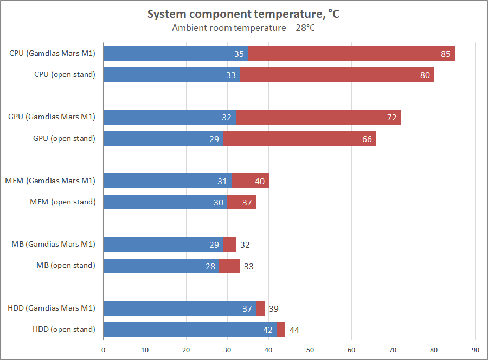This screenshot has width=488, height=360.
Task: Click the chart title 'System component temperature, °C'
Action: (x=243, y=15)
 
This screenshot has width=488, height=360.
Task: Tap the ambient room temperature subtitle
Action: (x=243, y=28)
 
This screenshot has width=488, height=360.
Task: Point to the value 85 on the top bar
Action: (x=446, y=54)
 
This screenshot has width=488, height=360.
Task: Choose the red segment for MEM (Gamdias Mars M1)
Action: (x=250, y=181)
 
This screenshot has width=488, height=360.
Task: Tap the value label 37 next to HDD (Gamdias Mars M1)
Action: (x=247, y=308)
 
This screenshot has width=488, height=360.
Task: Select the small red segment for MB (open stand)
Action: (x=229, y=266)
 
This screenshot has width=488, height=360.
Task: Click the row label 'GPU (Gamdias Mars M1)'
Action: (x=52, y=117)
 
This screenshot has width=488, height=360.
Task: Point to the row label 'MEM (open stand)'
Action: (x=62, y=202)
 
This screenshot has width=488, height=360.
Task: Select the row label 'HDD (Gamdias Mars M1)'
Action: (x=52, y=308)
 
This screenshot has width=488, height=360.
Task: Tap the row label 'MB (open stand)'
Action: (x=66, y=265)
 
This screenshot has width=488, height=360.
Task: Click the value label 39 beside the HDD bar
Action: (x=274, y=308)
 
